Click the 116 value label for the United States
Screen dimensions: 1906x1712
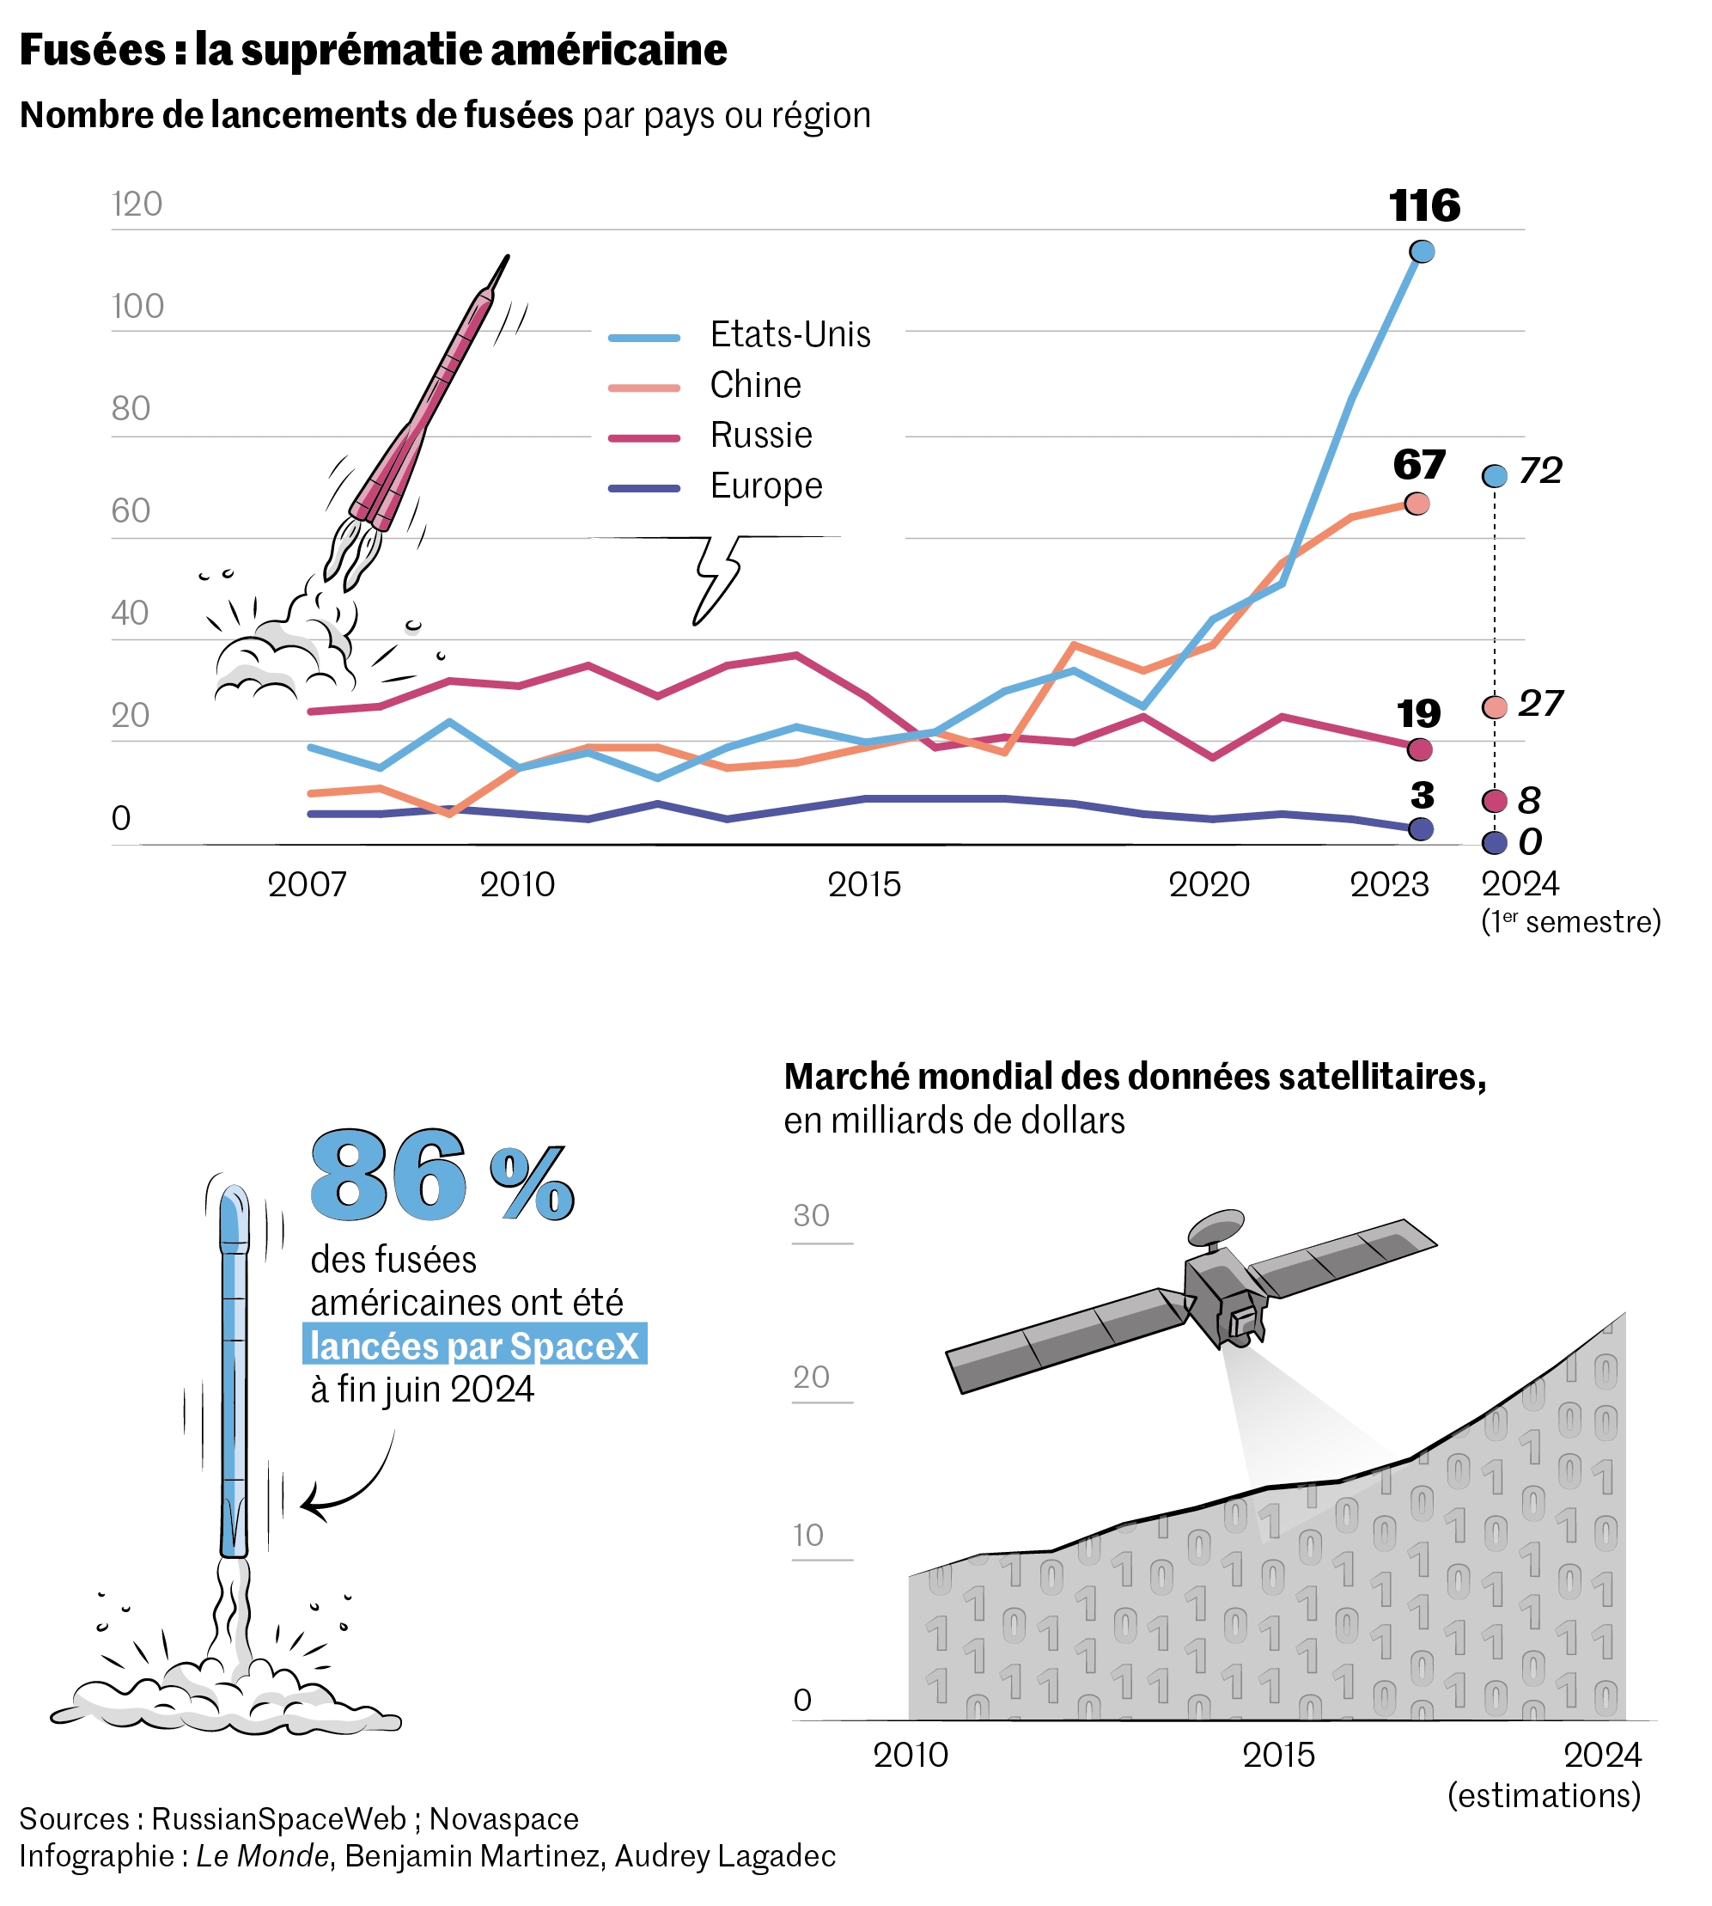pyautogui.click(x=1424, y=206)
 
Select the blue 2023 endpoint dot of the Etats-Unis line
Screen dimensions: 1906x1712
pyautogui.click(x=1423, y=251)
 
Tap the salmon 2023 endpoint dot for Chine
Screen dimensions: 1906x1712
pyautogui.click(x=1417, y=504)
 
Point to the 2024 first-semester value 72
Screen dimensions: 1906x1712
pyautogui.click(x=1540, y=470)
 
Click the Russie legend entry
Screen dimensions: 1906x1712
pyautogui.click(x=760, y=436)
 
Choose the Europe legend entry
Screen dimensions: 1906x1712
pyautogui.click(x=765, y=486)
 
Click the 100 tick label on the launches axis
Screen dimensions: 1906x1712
pyautogui.click(x=137, y=307)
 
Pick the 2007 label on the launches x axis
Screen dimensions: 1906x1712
pyautogui.click(x=307, y=884)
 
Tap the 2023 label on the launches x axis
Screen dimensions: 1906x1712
pyautogui.click(x=1388, y=884)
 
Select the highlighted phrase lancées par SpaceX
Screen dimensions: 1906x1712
pyautogui.click(x=474, y=1347)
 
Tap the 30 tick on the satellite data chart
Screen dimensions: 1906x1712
pyautogui.click(x=811, y=1215)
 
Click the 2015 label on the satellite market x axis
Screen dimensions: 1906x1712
pyautogui.click(x=1278, y=1755)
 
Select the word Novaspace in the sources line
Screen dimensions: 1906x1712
pyautogui.click(x=503, y=1818)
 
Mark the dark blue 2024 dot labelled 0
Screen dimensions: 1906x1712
pyautogui.click(x=1494, y=843)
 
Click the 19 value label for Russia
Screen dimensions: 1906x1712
pyautogui.click(x=1418, y=714)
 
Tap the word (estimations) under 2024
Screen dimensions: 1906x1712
pyautogui.click(x=1544, y=1795)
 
